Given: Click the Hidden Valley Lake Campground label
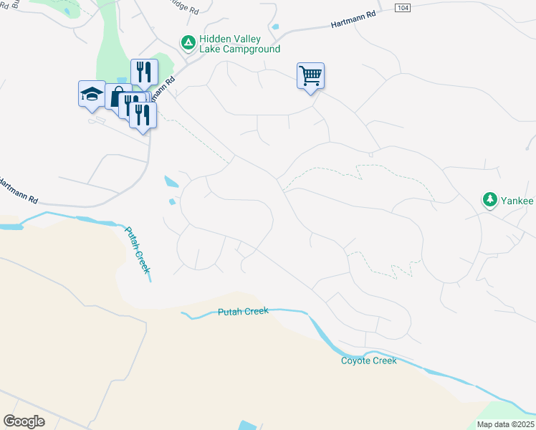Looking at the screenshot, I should point(240,44).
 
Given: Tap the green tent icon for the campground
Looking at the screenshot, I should point(188,44).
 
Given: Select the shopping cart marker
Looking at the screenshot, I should point(310,76).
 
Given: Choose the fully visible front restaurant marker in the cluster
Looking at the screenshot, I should point(143,115).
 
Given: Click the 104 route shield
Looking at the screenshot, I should point(403,6).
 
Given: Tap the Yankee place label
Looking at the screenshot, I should point(517,200).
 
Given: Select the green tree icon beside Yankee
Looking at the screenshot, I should point(490,199).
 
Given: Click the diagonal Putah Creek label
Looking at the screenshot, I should point(138,249).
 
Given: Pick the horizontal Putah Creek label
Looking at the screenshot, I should point(243,312).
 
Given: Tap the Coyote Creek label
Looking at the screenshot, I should point(368,360).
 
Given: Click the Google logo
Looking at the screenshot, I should point(24,421).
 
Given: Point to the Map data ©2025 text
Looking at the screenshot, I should point(505,424).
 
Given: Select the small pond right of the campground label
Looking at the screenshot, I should point(275,28).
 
